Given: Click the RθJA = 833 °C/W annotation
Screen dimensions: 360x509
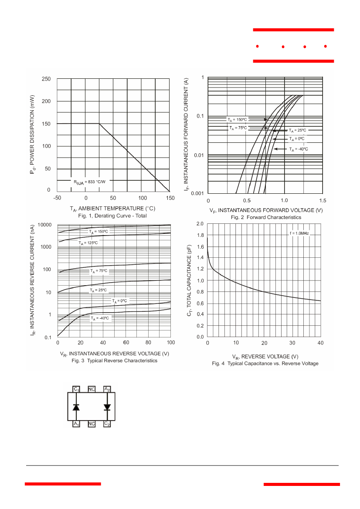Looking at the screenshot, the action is click(89, 182).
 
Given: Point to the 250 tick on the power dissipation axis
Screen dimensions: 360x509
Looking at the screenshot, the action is click(46, 79).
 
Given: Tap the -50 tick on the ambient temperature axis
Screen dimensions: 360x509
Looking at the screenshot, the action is click(57, 198).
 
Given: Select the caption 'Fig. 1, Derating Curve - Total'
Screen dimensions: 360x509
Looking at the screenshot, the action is click(112, 216).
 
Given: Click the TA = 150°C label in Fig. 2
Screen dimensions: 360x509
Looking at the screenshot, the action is click(237, 120).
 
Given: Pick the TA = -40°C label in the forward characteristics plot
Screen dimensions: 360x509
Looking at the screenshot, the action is click(299, 149).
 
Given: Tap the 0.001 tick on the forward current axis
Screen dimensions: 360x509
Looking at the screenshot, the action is click(197, 193).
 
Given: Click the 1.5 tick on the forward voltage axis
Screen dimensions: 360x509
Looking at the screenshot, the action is click(323, 200).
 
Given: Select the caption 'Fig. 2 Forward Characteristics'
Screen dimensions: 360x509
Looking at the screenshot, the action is click(266, 218).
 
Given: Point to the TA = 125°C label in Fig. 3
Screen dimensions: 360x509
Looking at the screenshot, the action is click(88, 243).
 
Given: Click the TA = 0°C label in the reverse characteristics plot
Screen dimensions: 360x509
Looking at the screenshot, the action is click(119, 301).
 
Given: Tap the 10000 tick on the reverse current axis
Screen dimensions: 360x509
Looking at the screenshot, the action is click(44, 225).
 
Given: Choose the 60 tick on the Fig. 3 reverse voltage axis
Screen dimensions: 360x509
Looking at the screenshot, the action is click(126, 343).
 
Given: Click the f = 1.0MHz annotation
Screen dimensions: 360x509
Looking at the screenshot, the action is click(299, 233).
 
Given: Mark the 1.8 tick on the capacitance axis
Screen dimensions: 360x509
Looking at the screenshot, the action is click(200, 235).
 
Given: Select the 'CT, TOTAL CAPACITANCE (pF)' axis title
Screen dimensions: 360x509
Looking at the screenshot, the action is click(189, 280).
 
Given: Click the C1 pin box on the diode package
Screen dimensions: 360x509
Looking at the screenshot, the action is click(76, 389).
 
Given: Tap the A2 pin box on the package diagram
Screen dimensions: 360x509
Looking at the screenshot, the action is click(107, 389).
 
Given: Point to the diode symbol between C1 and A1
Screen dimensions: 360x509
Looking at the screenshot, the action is click(76, 407).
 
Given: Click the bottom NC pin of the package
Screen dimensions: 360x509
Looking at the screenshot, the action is click(92, 424).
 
